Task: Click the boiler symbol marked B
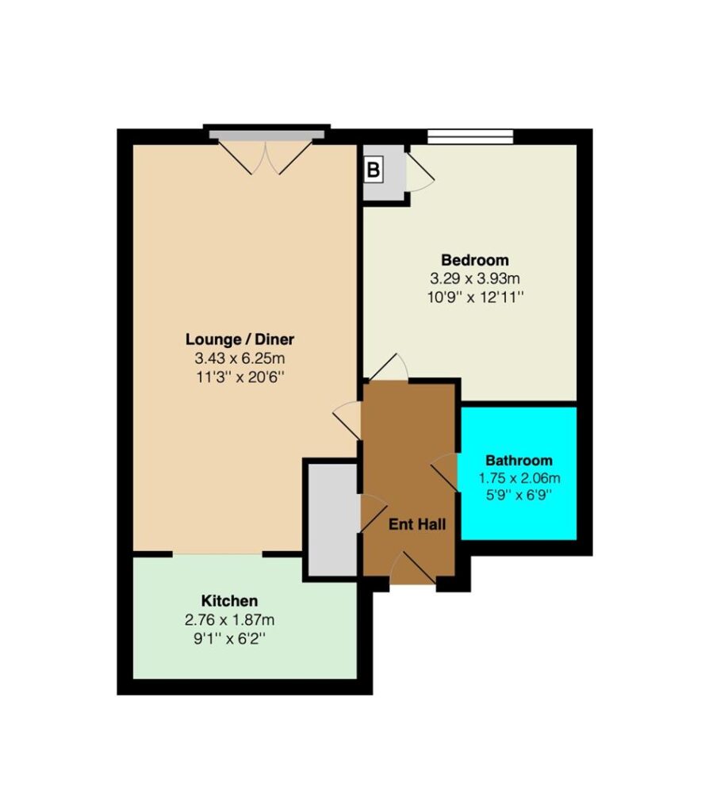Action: (x=373, y=170)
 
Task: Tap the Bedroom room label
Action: (x=475, y=259)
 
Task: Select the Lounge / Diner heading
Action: (x=240, y=339)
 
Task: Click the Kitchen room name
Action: (x=229, y=601)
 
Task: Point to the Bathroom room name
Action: (x=519, y=461)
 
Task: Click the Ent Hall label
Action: (x=417, y=524)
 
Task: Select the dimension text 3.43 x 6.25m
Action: (x=240, y=358)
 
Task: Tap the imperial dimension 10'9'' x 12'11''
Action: (x=475, y=298)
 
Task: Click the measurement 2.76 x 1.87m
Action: (x=229, y=619)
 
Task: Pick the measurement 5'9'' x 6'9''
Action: (x=518, y=495)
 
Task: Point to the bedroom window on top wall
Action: (x=470, y=136)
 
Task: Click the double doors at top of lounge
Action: (x=266, y=156)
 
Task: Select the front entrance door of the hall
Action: (x=412, y=569)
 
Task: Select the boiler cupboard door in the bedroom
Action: (x=420, y=172)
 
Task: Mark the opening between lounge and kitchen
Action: (x=217, y=554)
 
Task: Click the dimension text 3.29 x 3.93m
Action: (x=475, y=278)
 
